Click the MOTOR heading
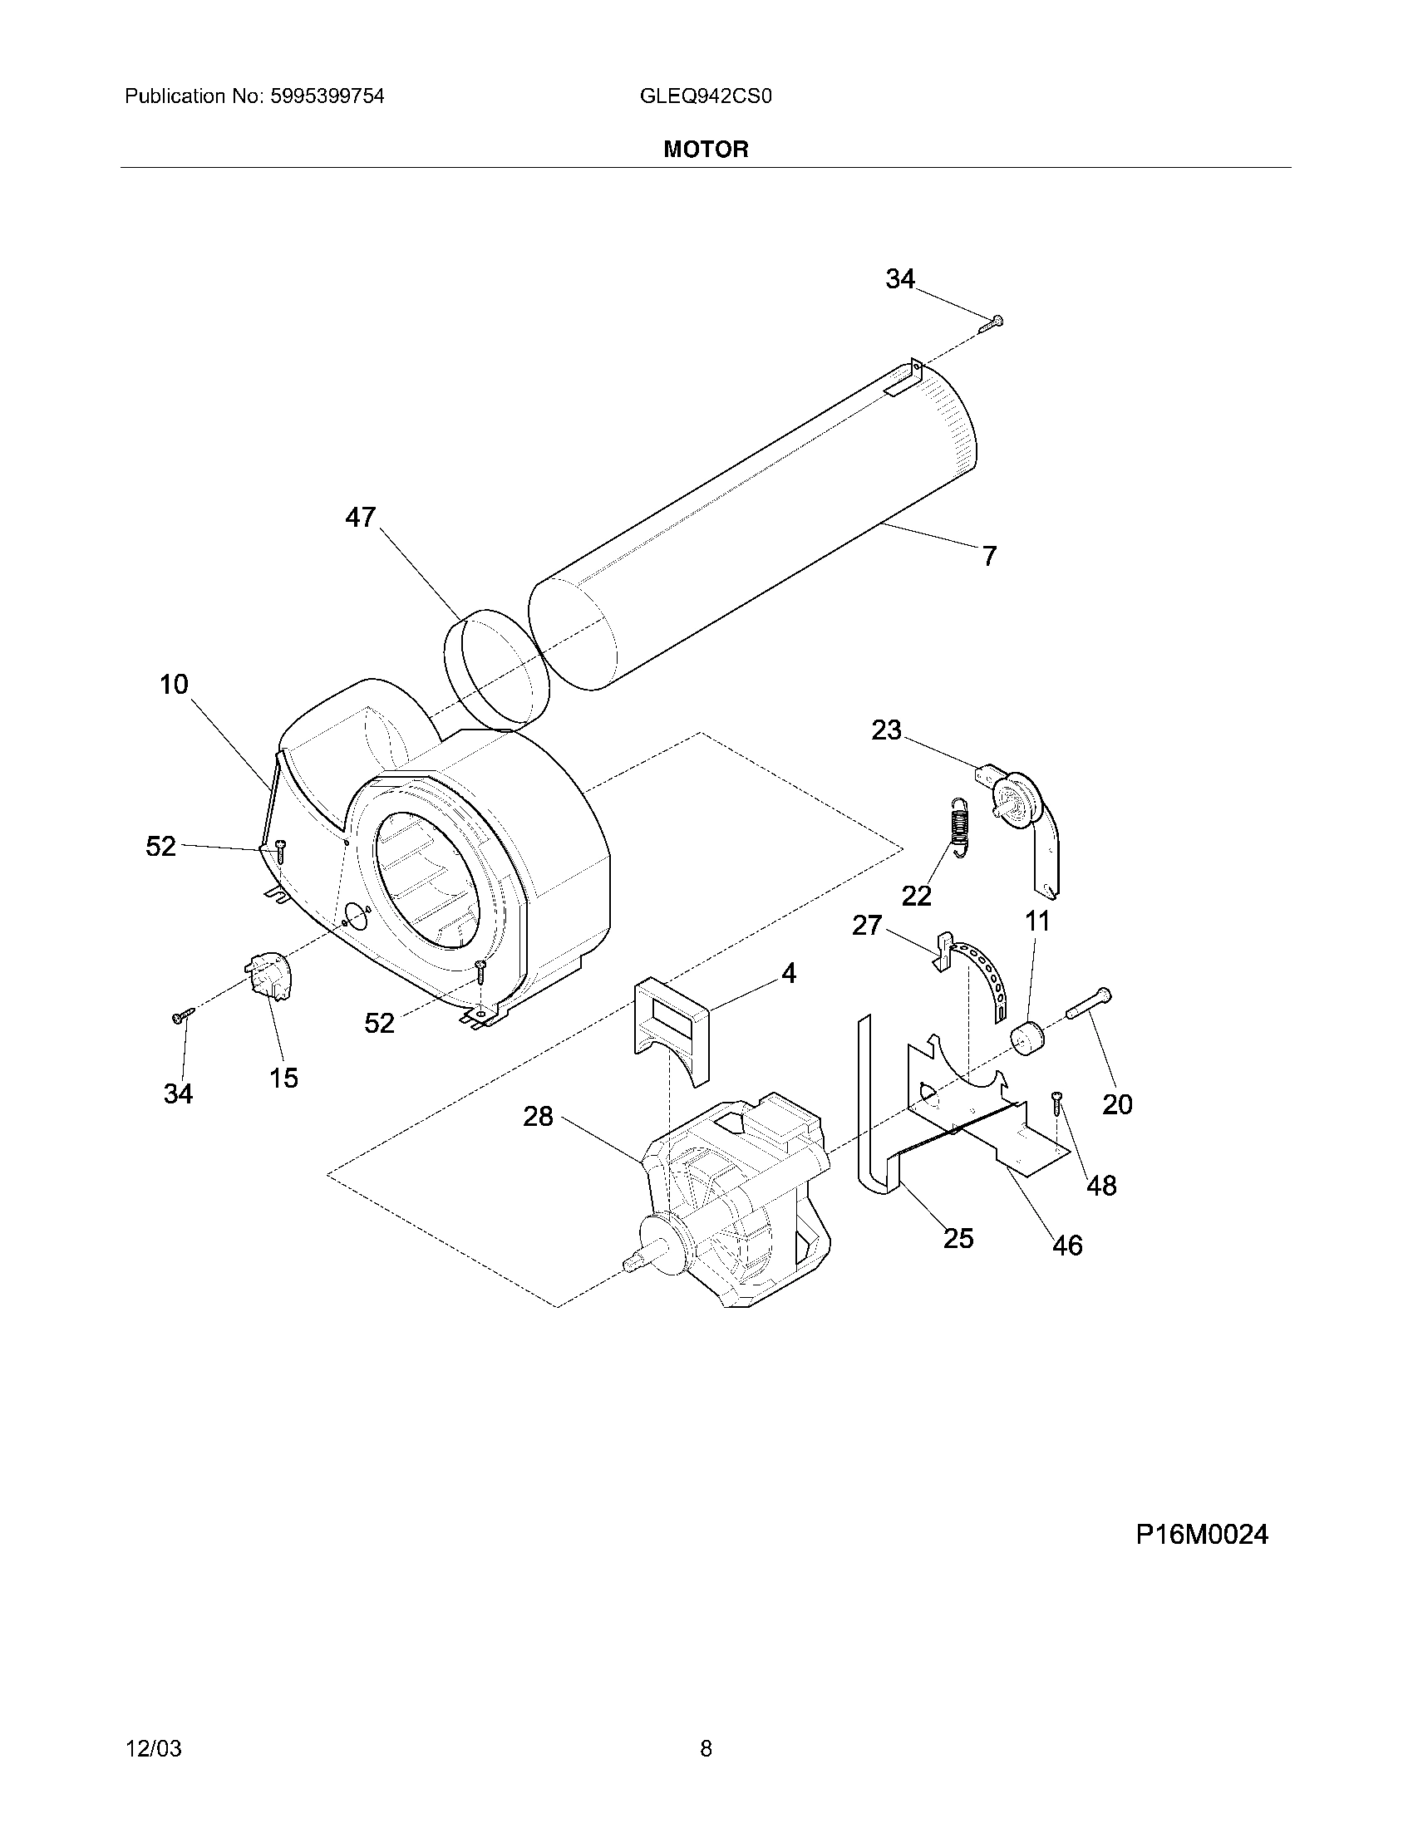tap(706, 150)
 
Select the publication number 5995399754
tap(327, 96)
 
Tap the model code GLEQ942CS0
tap(705, 96)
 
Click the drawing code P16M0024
tap(1201, 1534)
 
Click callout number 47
tap(361, 518)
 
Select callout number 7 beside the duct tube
tap(989, 556)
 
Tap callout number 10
tap(174, 685)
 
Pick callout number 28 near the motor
tap(539, 1116)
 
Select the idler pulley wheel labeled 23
tap(1015, 799)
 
